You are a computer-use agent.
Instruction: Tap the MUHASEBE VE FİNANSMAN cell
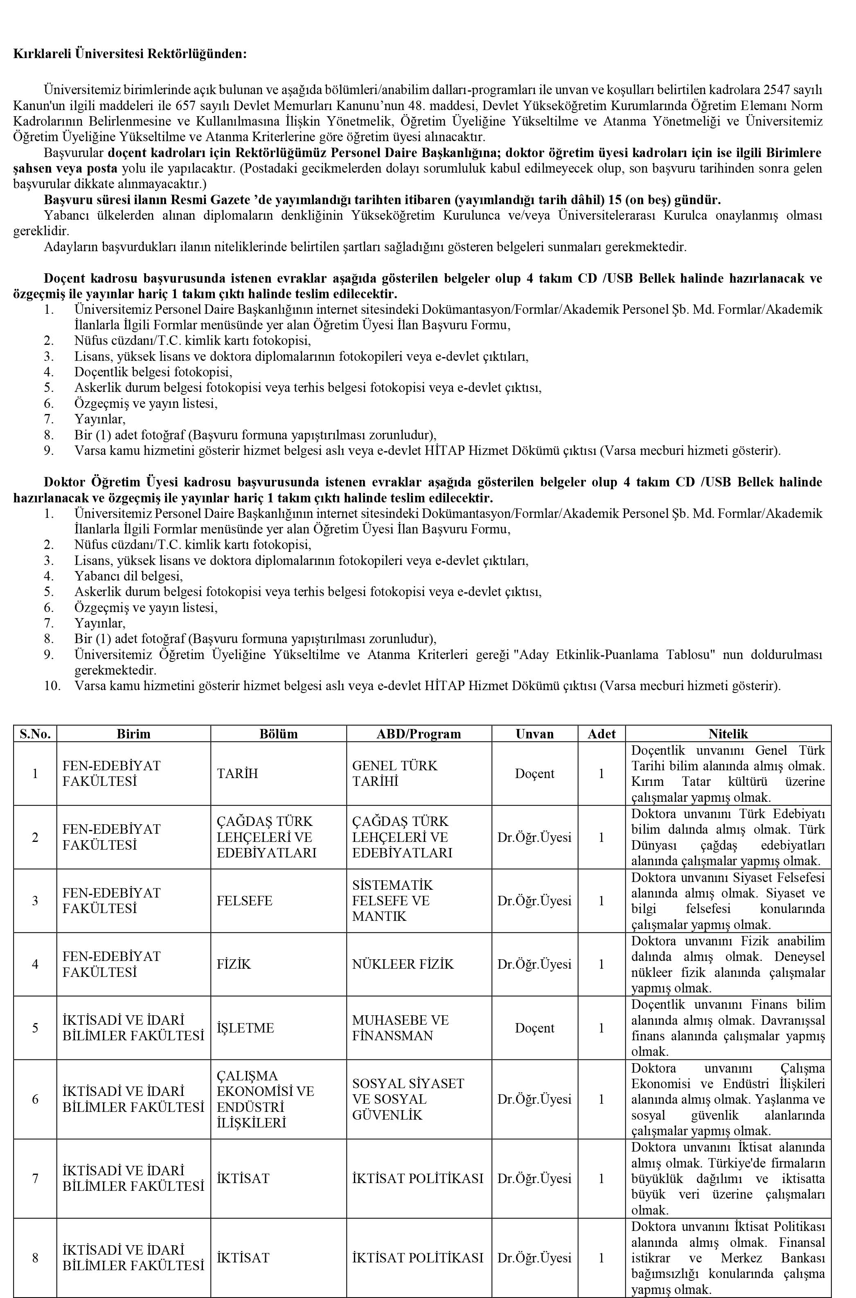point(400,1028)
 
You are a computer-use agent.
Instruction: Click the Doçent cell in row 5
point(534,1028)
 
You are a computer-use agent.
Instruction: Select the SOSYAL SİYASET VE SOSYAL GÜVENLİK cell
point(408,1099)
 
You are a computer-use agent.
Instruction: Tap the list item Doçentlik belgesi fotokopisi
point(153,372)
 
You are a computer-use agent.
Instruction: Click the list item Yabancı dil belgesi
point(128,576)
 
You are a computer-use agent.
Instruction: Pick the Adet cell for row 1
point(601,774)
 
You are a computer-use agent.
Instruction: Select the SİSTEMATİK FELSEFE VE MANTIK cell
point(392,901)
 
